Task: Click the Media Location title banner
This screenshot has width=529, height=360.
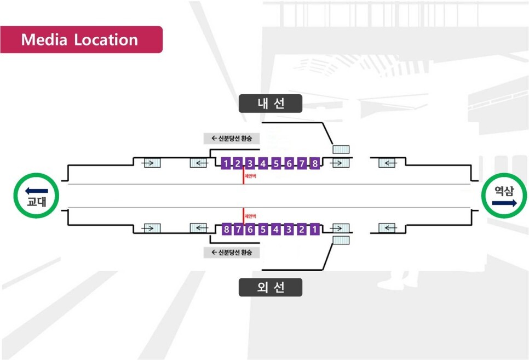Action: [81, 39]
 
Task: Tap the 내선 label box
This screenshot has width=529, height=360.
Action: [271, 104]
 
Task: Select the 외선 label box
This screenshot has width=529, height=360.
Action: [271, 288]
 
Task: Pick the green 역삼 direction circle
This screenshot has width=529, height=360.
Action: [504, 196]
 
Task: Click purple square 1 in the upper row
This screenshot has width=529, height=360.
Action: [226, 163]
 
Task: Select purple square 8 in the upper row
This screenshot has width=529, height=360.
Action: [314, 163]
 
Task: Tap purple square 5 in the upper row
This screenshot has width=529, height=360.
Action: [276, 163]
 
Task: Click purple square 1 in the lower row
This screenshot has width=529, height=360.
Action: [314, 229]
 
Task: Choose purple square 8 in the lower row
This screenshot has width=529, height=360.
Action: [226, 229]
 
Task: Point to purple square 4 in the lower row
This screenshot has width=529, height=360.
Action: [276, 229]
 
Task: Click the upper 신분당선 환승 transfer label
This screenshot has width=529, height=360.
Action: [231, 139]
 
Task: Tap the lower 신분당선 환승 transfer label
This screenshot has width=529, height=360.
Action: [231, 253]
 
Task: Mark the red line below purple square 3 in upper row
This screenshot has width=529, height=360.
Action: [244, 176]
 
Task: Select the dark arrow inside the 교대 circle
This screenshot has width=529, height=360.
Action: [37, 191]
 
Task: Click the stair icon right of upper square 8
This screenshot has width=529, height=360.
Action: [341, 163]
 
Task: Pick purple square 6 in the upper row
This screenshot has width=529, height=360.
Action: [289, 163]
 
